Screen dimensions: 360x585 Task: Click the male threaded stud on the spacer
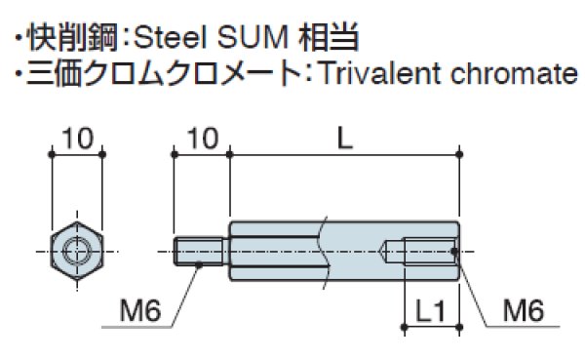pos(202,251)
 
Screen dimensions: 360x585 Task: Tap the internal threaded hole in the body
pos(419,251)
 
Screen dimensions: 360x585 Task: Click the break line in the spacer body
pos(318,251)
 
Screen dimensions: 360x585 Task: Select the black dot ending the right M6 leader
pos(456,253)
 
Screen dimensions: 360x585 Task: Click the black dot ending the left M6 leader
pos(199,261)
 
